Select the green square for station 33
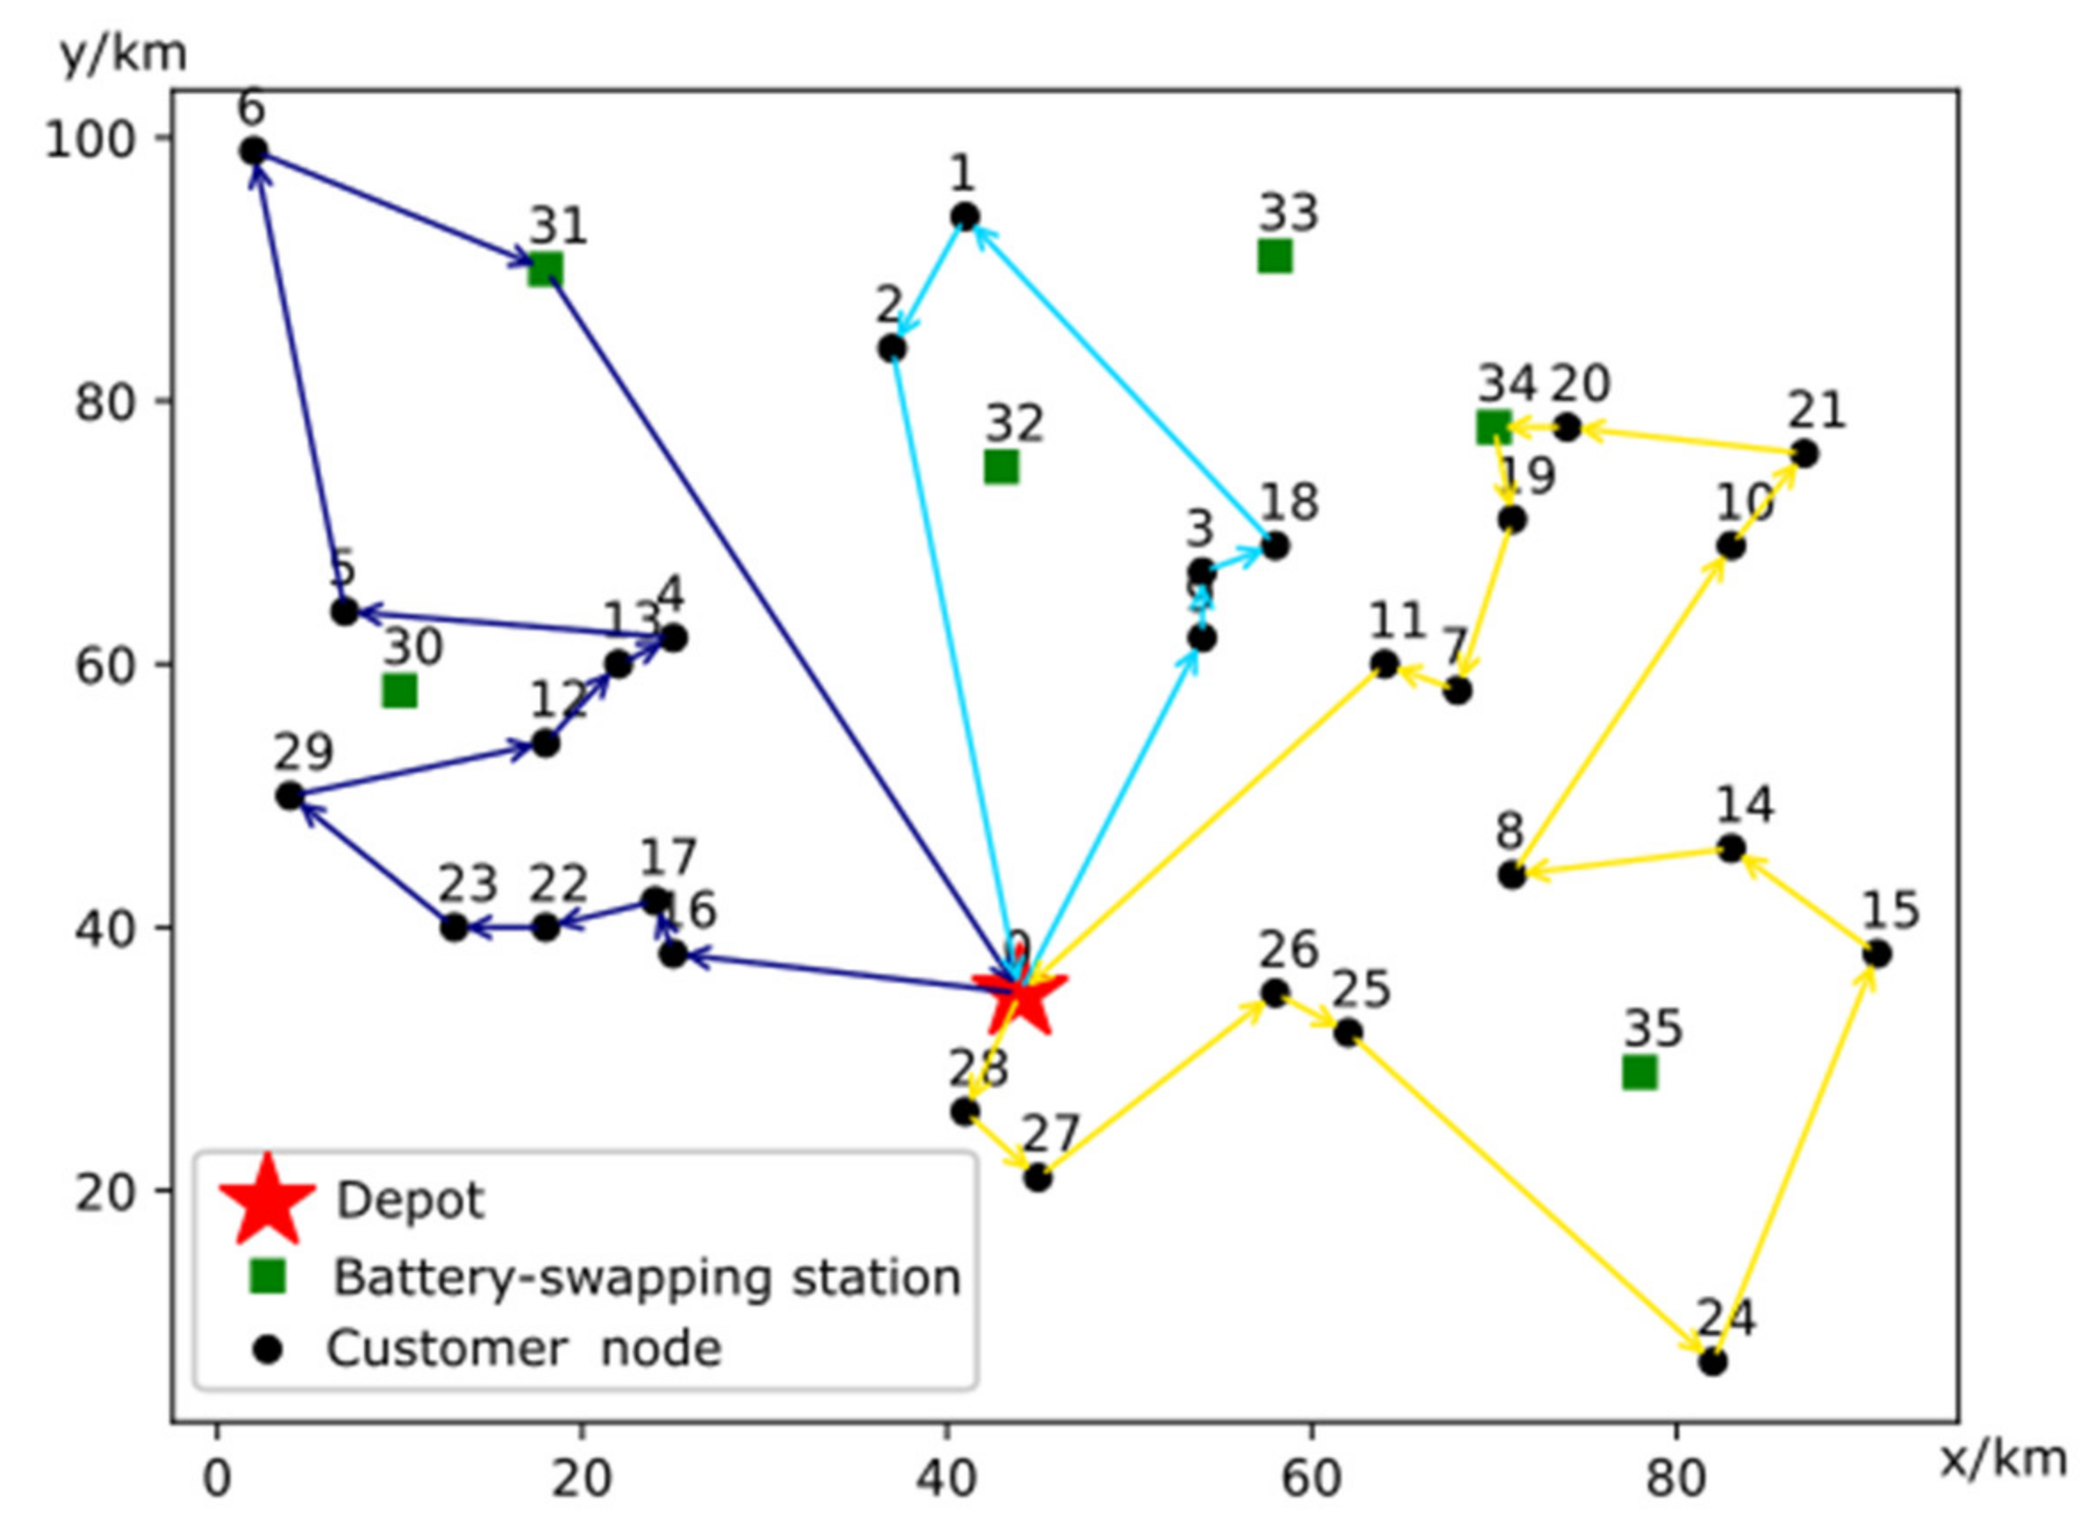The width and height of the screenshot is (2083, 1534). [x=1274, y=256]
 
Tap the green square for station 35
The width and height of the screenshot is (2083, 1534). [x=1639, y=1072]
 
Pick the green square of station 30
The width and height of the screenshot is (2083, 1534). [x=400, y=691]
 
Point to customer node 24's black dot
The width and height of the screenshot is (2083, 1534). [x=1713, y=1362]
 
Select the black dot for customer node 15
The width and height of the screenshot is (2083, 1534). [x=1877, y=953]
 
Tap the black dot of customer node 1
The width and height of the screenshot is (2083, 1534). [x=965, y=217]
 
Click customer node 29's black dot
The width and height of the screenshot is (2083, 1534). [x=289, y=795]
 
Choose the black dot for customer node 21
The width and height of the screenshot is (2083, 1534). [x=1803, y=454]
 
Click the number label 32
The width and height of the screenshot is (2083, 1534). [x=1014, y=423]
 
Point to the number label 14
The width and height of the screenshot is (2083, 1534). [x=1744, y=804]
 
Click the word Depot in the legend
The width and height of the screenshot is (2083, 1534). [x=409, y=1200]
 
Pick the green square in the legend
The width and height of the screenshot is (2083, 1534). [x=267, y=1277]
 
